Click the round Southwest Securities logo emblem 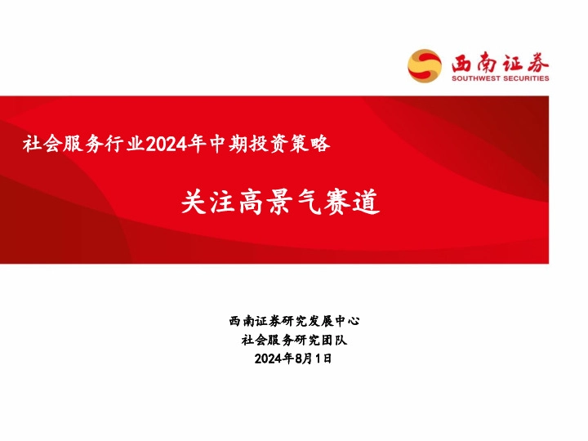(x=424, y=65)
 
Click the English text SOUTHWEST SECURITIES (x=500, y=79)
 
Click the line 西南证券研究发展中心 (x=294, y=321)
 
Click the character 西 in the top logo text (x=461, y=61)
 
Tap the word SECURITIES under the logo (x=523, y=79)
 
